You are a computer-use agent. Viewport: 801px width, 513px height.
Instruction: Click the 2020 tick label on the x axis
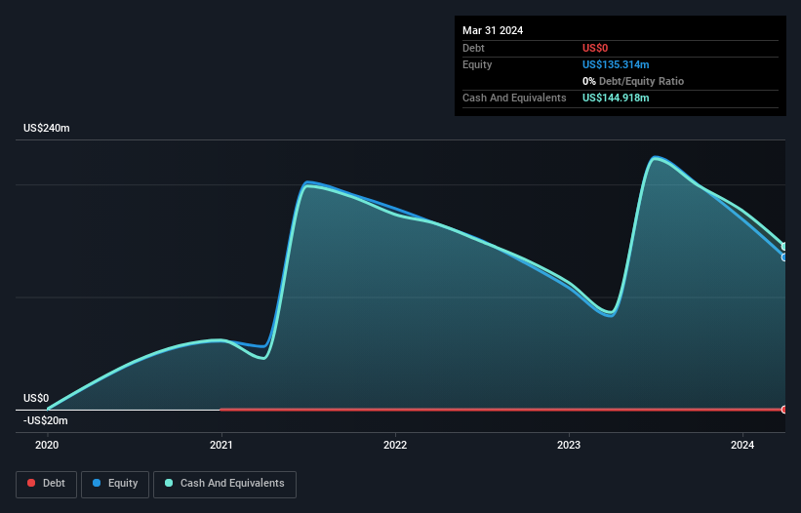(x=47, y=445)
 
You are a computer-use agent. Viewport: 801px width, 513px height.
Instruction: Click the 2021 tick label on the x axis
(x=221, y=445)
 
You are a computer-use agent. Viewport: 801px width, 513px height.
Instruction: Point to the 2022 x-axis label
(x=395, y=445)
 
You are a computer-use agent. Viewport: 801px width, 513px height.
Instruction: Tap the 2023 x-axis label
(x=569, y=445)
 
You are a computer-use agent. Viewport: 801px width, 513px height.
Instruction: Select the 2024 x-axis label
(x=742, y=445)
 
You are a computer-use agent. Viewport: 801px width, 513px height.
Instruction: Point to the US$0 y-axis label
(x=36, y=398)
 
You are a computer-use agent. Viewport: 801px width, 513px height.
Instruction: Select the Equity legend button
(x=115, y=483)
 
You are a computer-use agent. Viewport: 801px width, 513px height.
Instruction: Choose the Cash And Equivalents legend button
(x=224, y=483)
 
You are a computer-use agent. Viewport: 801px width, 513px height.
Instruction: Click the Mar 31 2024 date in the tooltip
(x=493, y=30)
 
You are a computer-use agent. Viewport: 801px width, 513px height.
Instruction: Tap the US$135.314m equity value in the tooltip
(x=616, y=64)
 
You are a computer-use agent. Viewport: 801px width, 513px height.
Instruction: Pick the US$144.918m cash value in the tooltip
(x=616, y=98)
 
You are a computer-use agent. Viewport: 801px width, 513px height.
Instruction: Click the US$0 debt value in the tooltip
(x=596, y=48)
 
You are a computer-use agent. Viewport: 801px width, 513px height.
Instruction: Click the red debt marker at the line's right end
(x=783, y=410)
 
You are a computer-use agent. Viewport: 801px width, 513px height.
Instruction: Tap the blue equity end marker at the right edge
(x=783, y=257)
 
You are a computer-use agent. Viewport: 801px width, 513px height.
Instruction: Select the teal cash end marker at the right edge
(x=783, y=246)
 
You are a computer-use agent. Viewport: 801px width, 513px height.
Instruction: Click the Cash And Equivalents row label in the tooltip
(x=514, y=98)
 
